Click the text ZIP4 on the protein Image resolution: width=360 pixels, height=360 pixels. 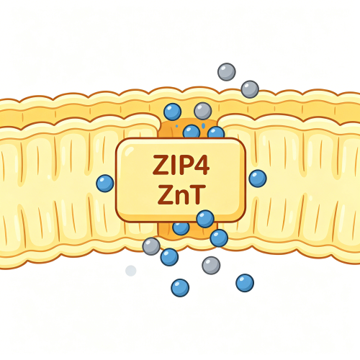181,165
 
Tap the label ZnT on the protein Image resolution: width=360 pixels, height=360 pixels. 181,194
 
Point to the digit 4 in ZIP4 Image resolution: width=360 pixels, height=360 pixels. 202,165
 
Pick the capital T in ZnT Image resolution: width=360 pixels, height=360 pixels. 198,194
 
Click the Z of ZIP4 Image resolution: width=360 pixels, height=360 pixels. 160,165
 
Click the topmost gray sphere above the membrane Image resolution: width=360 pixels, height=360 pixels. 227,72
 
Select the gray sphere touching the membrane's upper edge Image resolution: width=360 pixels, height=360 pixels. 250,89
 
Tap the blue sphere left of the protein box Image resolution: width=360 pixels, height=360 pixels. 105,184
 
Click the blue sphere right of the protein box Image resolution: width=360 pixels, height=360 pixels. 258,179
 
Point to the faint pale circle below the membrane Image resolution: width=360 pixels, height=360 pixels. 131,271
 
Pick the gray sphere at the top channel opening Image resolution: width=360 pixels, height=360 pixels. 203,111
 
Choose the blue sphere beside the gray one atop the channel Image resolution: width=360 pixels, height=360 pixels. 172,112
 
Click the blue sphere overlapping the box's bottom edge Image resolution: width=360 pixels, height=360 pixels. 205,219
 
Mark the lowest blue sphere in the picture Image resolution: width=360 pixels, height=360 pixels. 180,288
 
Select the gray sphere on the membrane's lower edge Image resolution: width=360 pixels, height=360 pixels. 151,246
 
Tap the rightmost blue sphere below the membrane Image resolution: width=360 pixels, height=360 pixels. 245,283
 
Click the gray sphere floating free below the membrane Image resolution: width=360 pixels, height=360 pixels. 211,266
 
